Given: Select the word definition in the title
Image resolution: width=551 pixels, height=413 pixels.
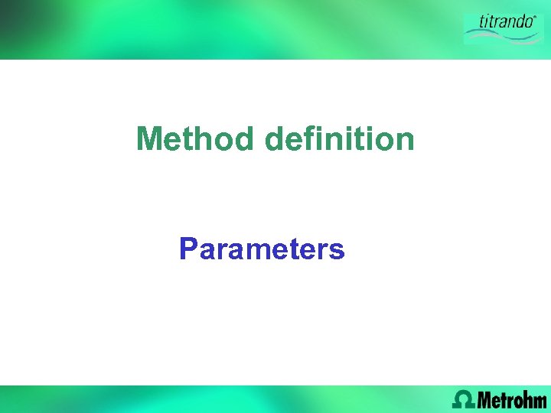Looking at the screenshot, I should pyautogui.click(x=339, y=139).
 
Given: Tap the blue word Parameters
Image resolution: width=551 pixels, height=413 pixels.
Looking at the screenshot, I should pyautogui.click(x=262, y=249).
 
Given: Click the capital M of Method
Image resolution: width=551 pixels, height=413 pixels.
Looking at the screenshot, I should pyautogui.click(x=149, y=139).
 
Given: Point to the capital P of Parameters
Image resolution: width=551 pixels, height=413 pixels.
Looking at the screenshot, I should pyautogui.click(x=188, y=249).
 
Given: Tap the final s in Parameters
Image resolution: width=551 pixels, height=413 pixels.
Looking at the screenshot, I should pyautogui.click(x=337, y=251).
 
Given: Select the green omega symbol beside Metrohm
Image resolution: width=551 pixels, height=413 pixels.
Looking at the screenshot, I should pyautogui.click(x=463, y=398).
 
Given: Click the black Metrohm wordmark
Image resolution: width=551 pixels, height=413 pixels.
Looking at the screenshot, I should pyautogui.click(x=512, y=399).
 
